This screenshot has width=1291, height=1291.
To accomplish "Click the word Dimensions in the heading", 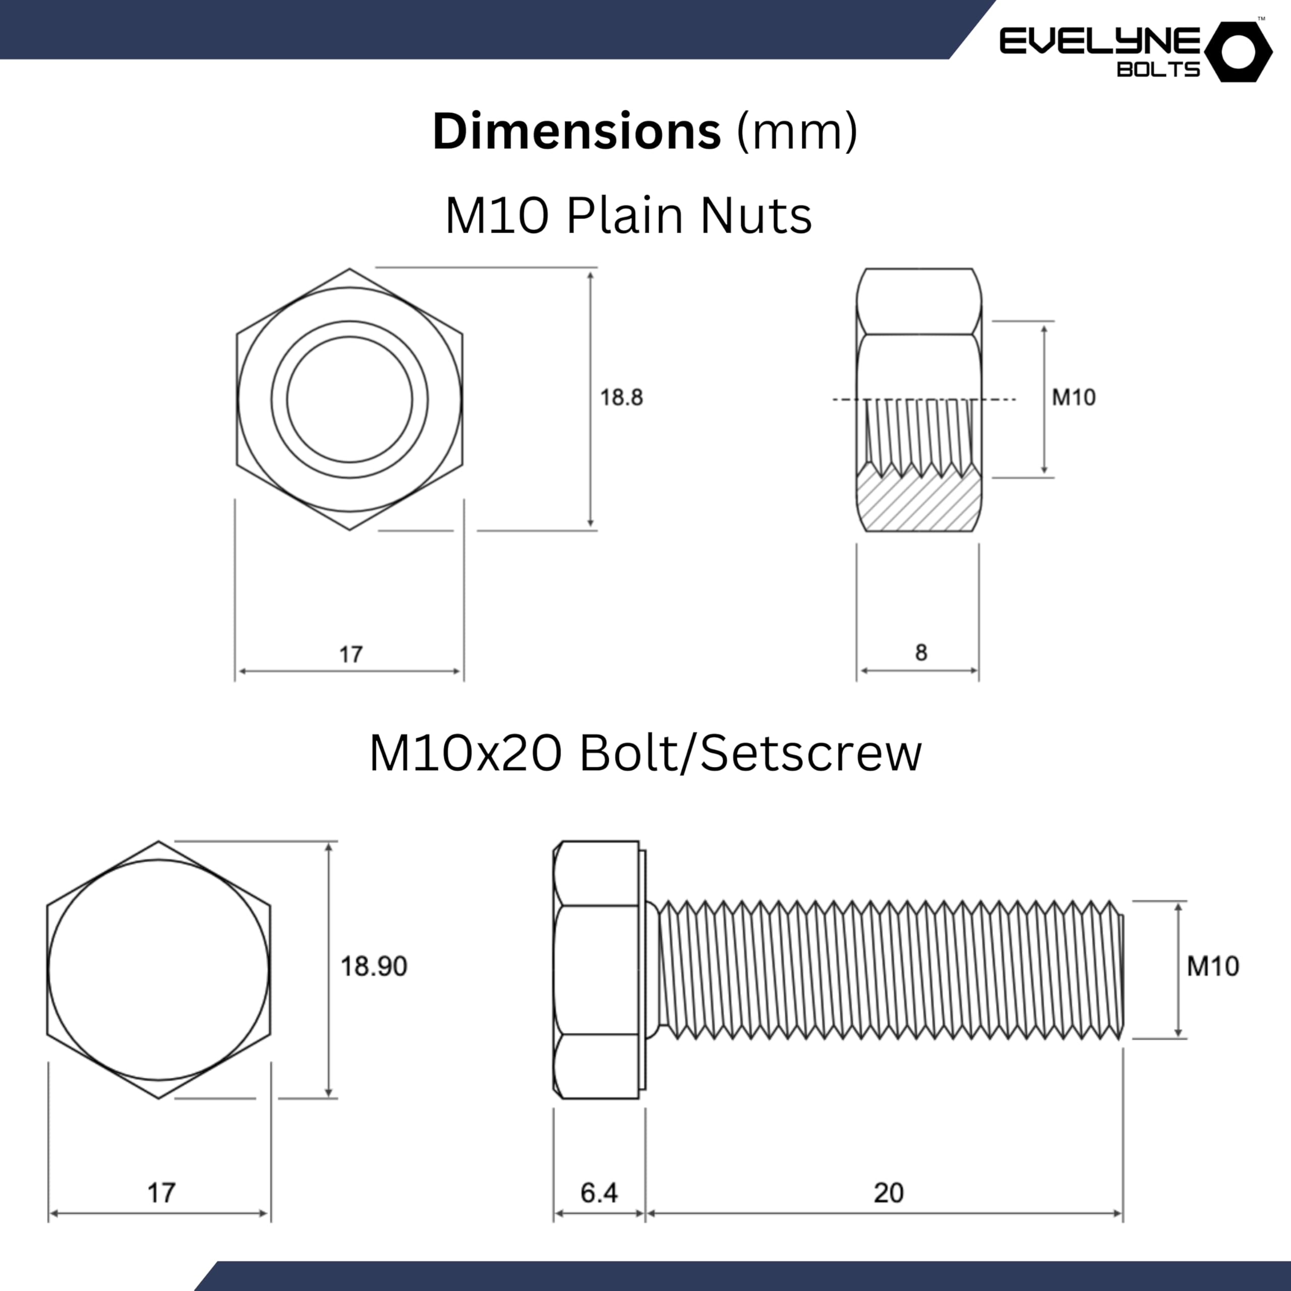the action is click(577, 131).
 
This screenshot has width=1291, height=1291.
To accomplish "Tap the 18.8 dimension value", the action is click(621, 397).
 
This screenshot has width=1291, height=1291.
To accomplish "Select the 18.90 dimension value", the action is click(374, 966).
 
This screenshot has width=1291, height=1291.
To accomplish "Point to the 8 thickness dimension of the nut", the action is click(921, 652).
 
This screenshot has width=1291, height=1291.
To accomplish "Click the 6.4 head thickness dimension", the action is click(599, 1193).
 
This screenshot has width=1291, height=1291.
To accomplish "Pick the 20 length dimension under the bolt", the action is click(889, 1193).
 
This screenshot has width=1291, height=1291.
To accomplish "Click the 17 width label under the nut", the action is click(351, 654).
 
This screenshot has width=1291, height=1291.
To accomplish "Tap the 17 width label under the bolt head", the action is click(161, 1193).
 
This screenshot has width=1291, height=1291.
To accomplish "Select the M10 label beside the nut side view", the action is click(1074, 397).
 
